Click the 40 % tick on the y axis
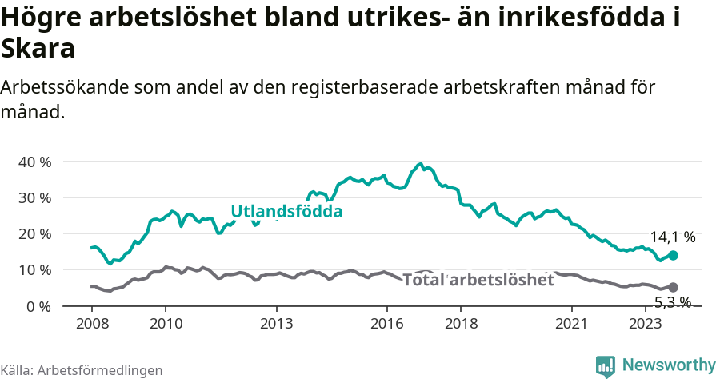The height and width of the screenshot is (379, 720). click(34, 162)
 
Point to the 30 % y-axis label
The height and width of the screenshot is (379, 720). click(34, 197)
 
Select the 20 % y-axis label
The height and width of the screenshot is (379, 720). click(34, 233)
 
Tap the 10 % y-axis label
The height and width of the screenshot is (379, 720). click(34, 270)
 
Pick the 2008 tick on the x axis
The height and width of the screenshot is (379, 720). click(92, 323)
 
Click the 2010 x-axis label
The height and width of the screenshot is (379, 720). click(166, 323)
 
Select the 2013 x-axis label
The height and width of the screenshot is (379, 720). click(276, 323)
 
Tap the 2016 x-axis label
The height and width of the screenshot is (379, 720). click(387, 323)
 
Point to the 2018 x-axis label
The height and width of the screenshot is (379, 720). click(461, 323)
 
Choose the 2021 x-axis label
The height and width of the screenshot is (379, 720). click(571, 323)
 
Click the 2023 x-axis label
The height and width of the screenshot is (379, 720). click(645, 323)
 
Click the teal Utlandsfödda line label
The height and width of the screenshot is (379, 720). click(286, 212)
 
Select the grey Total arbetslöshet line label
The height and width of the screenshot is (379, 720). click(478, 280)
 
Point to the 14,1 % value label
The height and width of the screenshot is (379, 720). click(672, 237)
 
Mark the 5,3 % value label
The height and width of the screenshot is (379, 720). click(672, 302)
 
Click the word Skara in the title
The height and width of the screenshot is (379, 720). click(38, 49)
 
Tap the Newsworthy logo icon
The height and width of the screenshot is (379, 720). click(606, 365)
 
